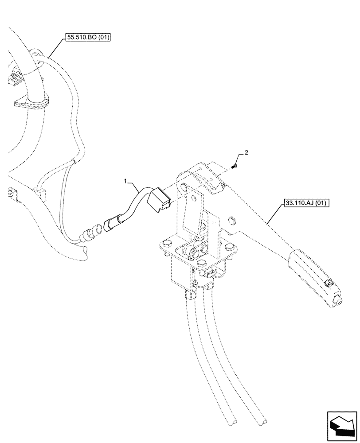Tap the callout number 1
click(x=126, y=182)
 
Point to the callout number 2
click(x=247, y=152)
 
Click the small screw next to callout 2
click(x=235, y=166)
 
